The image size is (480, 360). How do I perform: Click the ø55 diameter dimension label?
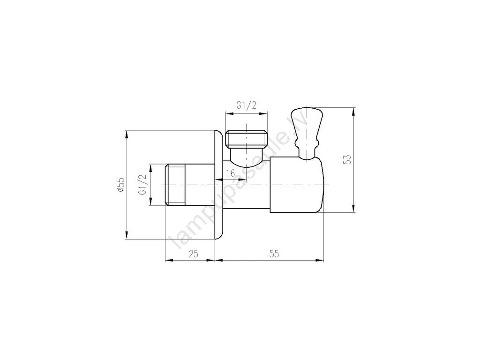click(121, 185)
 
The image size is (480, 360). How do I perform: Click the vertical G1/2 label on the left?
click(142, 185)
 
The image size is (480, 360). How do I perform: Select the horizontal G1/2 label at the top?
click(246, 105)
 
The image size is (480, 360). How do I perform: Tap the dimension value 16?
click(230, 173)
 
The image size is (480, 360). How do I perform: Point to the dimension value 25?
click(194, 254)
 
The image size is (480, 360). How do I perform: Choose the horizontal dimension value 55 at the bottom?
click(274, 254)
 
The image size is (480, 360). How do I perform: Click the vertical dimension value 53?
click(347, 159)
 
